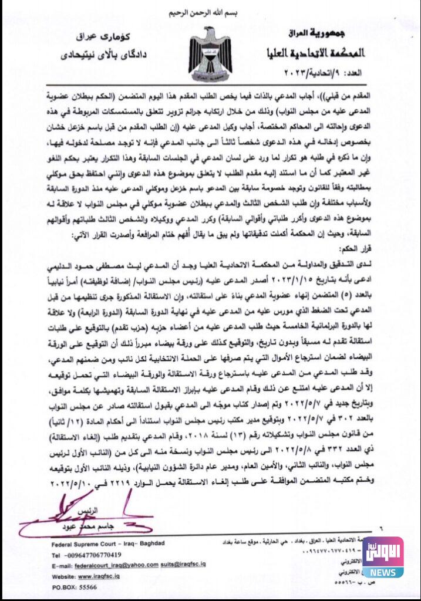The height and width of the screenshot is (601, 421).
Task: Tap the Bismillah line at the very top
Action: tap(210, 13)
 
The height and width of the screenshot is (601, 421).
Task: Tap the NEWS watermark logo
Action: tap(382, 557)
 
